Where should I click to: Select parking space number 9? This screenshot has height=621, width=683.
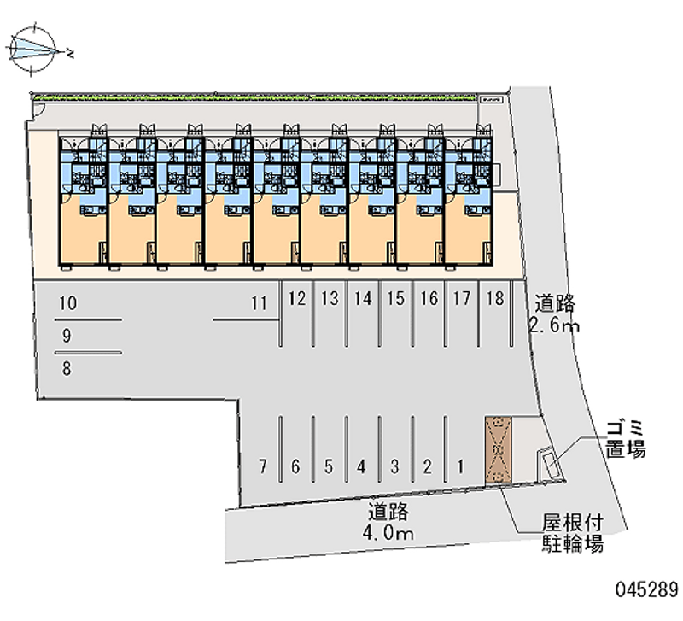coord(67,336)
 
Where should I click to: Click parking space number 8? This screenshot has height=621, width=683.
coord(67,369)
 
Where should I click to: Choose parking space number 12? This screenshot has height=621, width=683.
coord(297,299)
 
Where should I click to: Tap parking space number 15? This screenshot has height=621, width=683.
coord(395,299)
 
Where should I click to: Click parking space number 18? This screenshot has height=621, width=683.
coord(493,299)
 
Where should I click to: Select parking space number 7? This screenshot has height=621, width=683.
coord(264,466)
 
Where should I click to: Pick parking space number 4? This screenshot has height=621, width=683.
coord(362,466)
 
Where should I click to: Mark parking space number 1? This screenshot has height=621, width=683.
coord(460,466)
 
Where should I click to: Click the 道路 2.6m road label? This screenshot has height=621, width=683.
coord(555,313)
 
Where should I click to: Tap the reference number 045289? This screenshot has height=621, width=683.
coord(646,590)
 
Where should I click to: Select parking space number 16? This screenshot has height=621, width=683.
coord(429,299)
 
